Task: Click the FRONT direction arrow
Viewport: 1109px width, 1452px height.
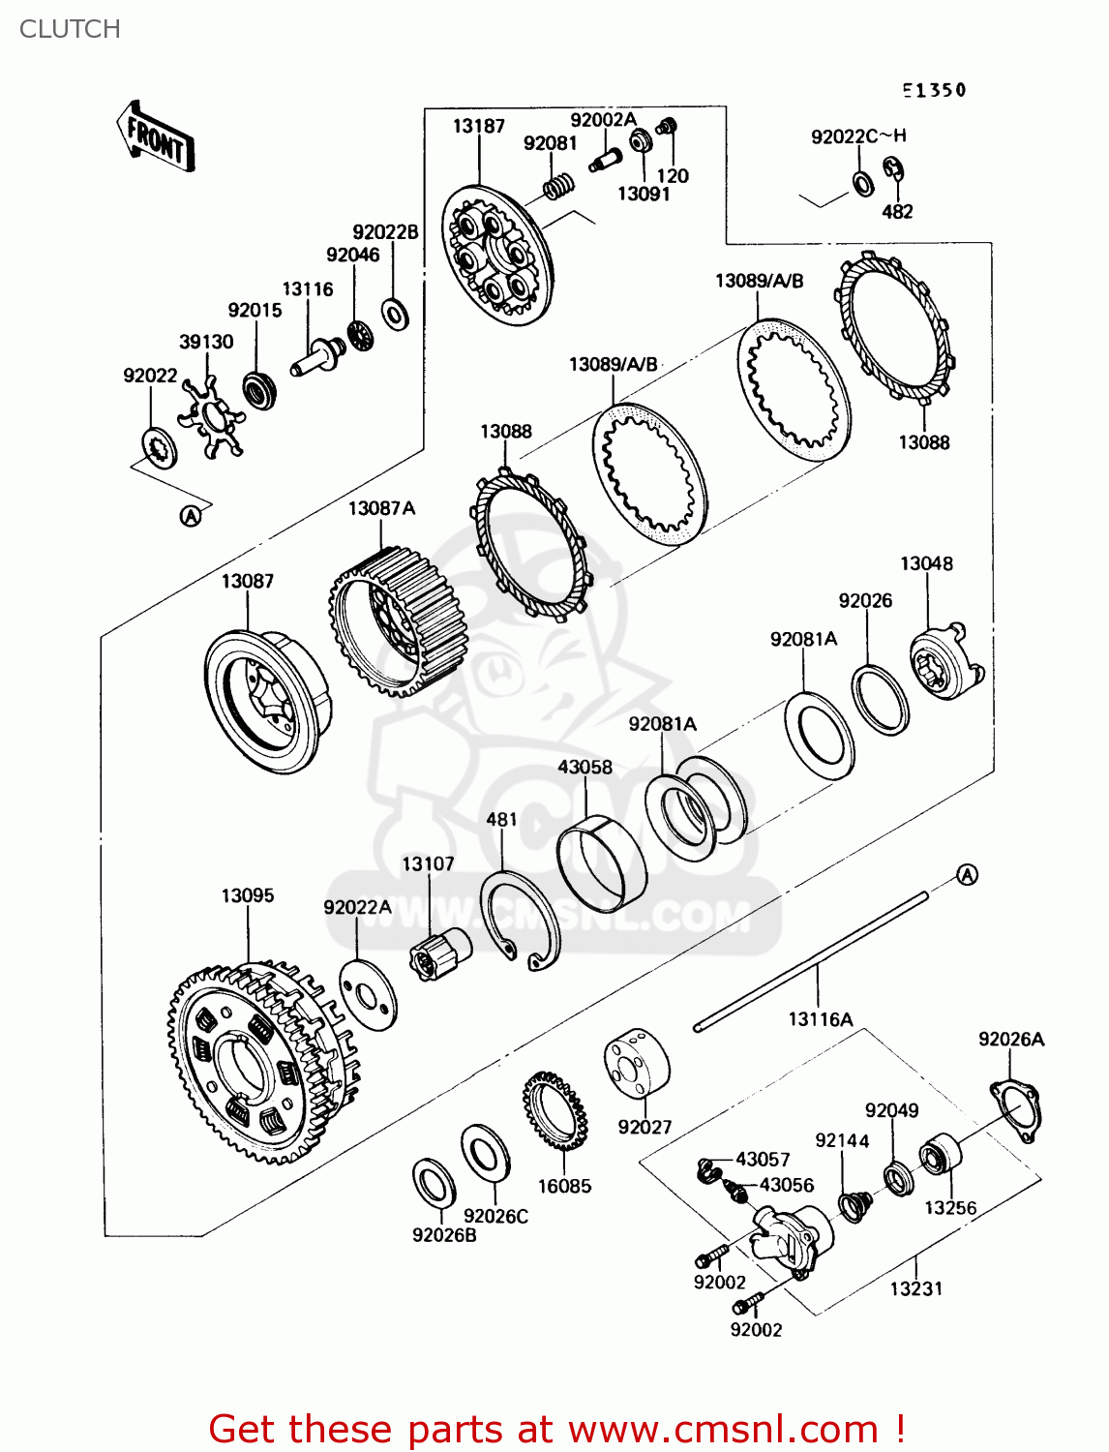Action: pos(156,137)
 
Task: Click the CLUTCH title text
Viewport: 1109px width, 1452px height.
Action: pos(70,29)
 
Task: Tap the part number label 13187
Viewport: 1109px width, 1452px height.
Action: pos(478,126)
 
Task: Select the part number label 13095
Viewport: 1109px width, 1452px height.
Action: pos(248,895)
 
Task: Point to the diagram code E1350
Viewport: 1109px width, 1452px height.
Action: pos(934,90)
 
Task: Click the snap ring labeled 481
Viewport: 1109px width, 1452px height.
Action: pos(521,920)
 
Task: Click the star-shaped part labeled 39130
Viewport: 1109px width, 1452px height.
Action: pos(212,416)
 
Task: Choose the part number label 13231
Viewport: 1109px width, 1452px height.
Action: pos(915,1288)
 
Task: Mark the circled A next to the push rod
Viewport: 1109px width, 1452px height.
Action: pos(967,875)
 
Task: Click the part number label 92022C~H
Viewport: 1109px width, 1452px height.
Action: pos(858,136)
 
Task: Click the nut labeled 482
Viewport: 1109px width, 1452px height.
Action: pos(895,170)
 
